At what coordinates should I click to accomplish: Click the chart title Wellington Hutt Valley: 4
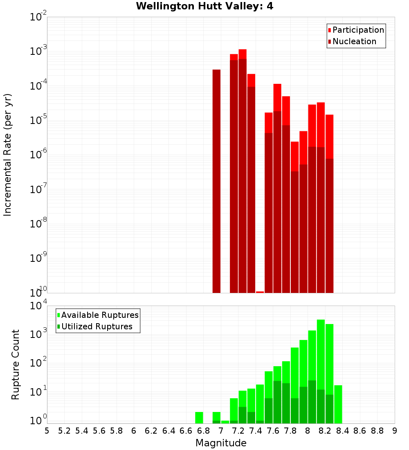click(204, 6)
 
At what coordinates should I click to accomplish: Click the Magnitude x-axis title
click(221, 443)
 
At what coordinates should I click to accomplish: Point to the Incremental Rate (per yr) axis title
click(8, 155)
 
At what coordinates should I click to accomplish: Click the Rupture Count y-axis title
click(16, 364)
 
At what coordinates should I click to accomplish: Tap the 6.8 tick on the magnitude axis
click(203, 431)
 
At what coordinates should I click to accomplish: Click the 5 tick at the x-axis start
click(47, 431)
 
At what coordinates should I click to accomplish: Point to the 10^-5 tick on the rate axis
click(39, 120)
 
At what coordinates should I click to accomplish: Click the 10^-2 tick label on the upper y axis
click(39, 17)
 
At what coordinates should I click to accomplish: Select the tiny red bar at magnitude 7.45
click(260, 292)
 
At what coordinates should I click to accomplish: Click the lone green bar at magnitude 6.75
click(199, 417)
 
